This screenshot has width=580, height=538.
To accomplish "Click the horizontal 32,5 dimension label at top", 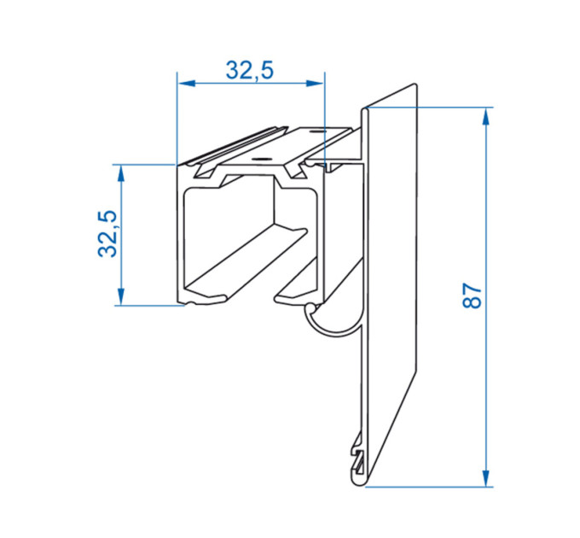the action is click(250, 71).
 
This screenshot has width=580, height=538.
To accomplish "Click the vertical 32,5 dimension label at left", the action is click(107, 234).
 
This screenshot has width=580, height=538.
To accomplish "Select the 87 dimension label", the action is click(473, 295).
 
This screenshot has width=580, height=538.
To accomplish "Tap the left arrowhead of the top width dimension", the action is click(186, 84).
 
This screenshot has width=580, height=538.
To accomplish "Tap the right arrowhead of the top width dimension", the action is click(315, 84).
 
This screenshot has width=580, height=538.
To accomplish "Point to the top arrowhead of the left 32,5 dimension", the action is click(120, 173).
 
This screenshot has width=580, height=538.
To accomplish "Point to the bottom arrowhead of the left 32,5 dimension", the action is click(120, 296).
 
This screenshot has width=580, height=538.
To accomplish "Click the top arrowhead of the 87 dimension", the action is click(486, 116).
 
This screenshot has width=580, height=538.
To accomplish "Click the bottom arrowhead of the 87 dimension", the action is click(486, 477).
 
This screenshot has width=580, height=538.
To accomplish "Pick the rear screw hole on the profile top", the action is click(316, 132).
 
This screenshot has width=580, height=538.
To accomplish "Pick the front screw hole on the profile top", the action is click(260, 159).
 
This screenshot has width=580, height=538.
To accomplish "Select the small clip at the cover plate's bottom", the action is click(357, 455).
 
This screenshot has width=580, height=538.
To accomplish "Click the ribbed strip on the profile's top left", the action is click(237, 145).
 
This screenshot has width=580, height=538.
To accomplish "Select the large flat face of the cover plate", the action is click(392, 260).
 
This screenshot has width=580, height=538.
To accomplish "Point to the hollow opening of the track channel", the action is click(229, 241).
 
